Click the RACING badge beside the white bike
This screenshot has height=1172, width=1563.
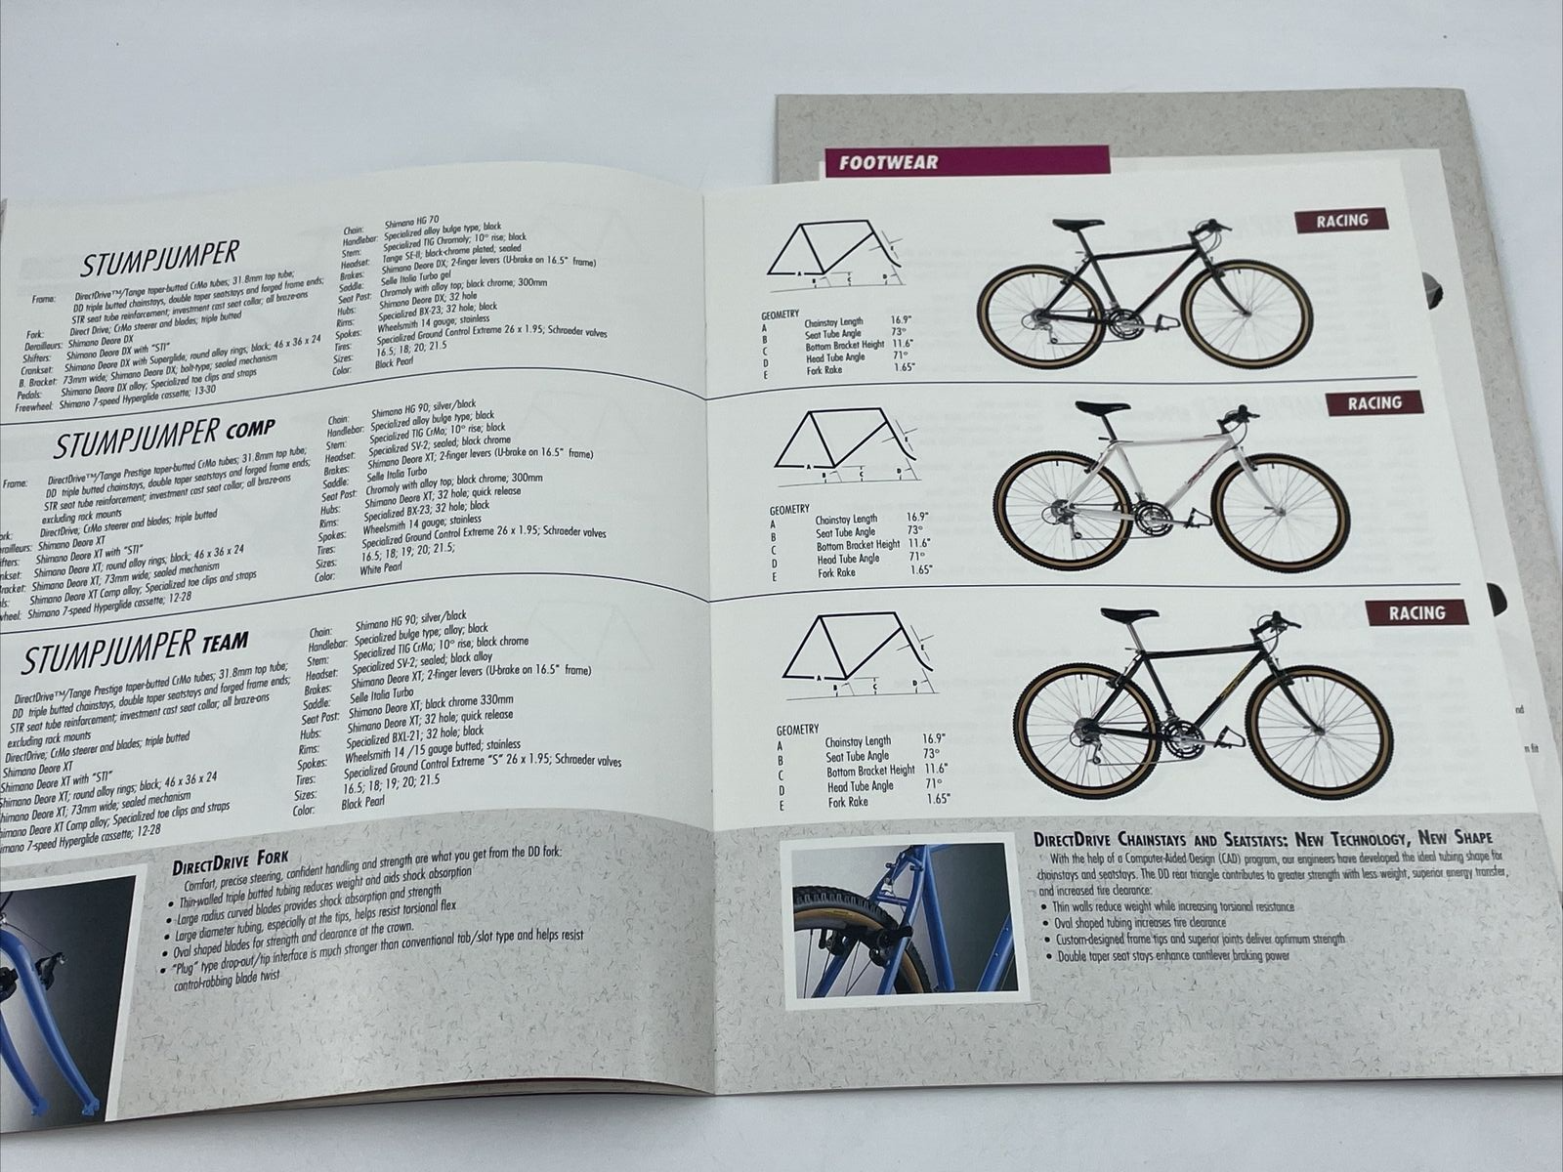[x=1374, y=402]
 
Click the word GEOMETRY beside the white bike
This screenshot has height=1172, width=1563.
[x=789, y=509]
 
